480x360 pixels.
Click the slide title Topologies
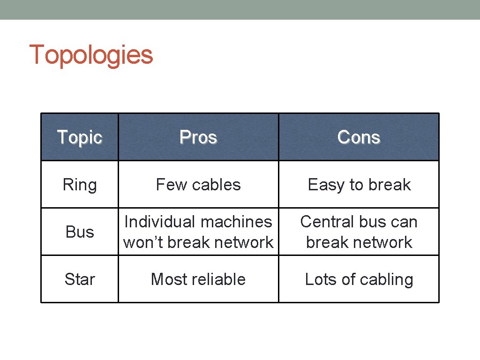coord(91,55)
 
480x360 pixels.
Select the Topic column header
coord(79,137)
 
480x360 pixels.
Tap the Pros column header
coord(198,137)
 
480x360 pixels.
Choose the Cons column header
coord(359,137)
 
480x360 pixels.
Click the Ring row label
coord(79,185)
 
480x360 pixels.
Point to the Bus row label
coord(79,232)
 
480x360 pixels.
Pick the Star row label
coord(79,279)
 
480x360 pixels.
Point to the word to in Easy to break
coord(357,185)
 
